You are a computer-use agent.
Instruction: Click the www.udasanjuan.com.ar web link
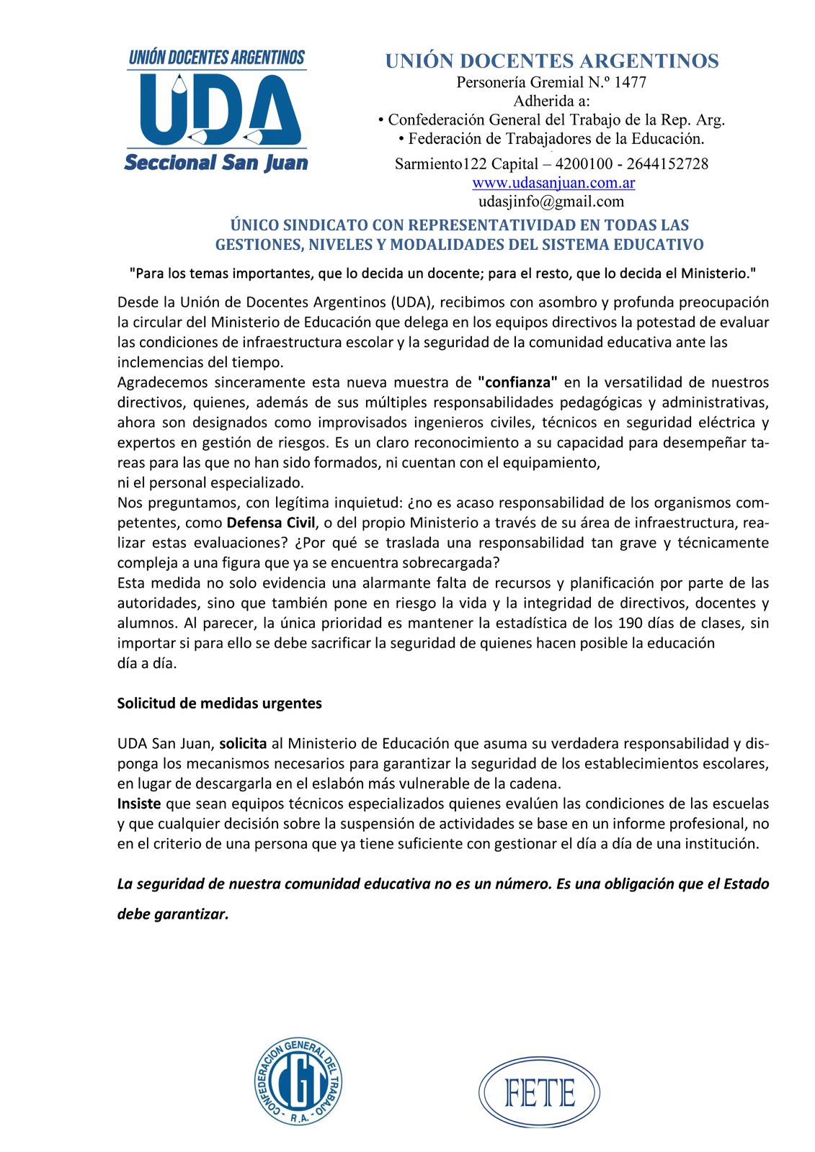(553, 183)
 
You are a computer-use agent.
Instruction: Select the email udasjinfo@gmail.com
(551, 202)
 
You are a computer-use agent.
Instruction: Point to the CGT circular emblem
(298, 1081)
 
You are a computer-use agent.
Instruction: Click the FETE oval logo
(539, 1092)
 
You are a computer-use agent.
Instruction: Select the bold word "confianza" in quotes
(517, 382)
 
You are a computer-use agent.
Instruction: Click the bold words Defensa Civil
(271, 523)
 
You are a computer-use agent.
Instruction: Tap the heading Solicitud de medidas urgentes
(220, 703)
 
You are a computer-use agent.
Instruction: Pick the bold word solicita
(243, 744)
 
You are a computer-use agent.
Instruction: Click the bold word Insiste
(139, 804)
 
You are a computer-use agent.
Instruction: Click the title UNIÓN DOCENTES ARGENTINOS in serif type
(551, 61)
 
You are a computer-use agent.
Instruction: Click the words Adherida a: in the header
(551, 101)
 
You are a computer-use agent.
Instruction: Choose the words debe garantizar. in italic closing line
(173, 914)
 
